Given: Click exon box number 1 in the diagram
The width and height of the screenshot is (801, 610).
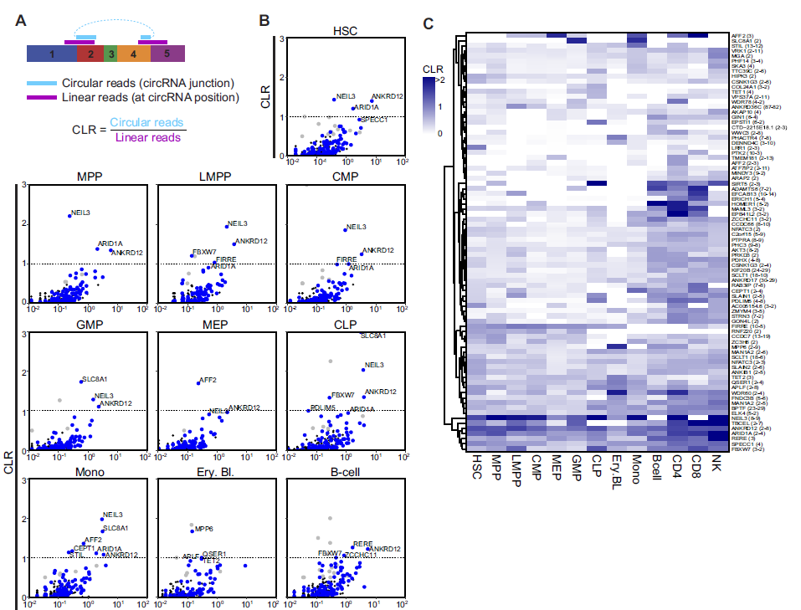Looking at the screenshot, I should coord(52,54).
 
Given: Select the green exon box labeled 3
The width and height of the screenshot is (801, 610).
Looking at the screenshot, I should coord(110,54).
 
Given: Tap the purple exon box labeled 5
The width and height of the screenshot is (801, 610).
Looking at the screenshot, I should coord(167,54).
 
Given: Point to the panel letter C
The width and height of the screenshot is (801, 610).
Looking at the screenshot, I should coord(428,23).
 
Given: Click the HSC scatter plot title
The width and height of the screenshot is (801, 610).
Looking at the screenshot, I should coord(344,32).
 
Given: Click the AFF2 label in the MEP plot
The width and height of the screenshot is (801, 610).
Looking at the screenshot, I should coord(208,380).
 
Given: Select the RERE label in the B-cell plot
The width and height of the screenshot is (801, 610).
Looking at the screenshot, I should coord(362,544).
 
